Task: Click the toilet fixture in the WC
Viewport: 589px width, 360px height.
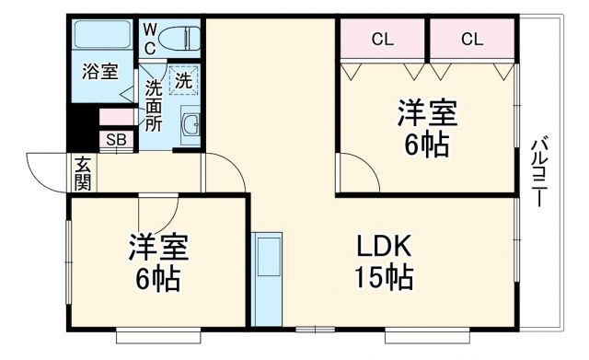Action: pyautogui.click(x=179, y=39)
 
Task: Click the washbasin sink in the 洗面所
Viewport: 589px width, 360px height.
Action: pyautogui.click(x=191, y=125)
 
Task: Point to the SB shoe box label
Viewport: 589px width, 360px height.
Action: pyautogui.click(x=116, y=140)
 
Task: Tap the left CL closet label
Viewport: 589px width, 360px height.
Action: pyautogui.click(x=382, y=39)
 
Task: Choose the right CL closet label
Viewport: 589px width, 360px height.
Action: pyautogui.click(x=472, y=39)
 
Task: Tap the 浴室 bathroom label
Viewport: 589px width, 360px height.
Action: pyautogui.click(x=98, y=72)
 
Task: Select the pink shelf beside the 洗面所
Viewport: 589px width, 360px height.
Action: pyautogui.click(x=116, y=117)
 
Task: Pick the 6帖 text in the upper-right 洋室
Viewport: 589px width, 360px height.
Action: pyautogui.click(x=426, y=145)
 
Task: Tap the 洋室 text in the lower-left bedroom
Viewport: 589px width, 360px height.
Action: pyautogui.click(x=158, y=249)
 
